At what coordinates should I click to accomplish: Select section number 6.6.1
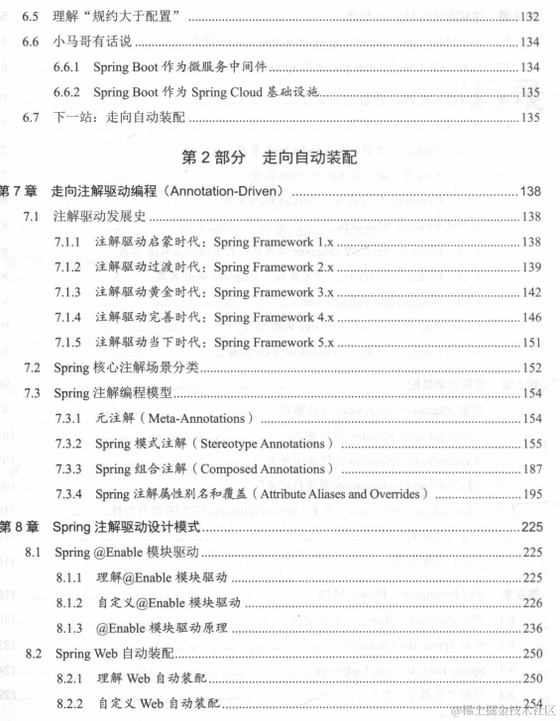(x=70, y=66)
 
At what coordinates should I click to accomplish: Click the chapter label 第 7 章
(x=19, y=190)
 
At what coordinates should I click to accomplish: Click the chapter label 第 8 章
(x=19, y=526)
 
